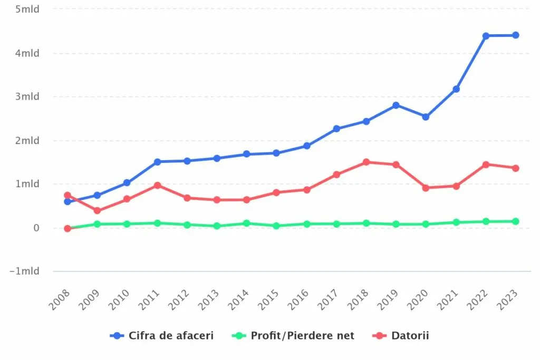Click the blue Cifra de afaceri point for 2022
click(486, 36)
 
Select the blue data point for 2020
click(426, 117)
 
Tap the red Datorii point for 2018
click(366, 162)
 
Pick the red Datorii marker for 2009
click(97, 211)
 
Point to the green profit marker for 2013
click(217, 226)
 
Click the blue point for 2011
click(157, 162)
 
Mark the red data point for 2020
click(426, 188)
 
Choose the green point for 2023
click(515, 221)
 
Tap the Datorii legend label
click(410, 335)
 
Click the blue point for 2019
click(396, 105)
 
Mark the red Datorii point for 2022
click(486, 164)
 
